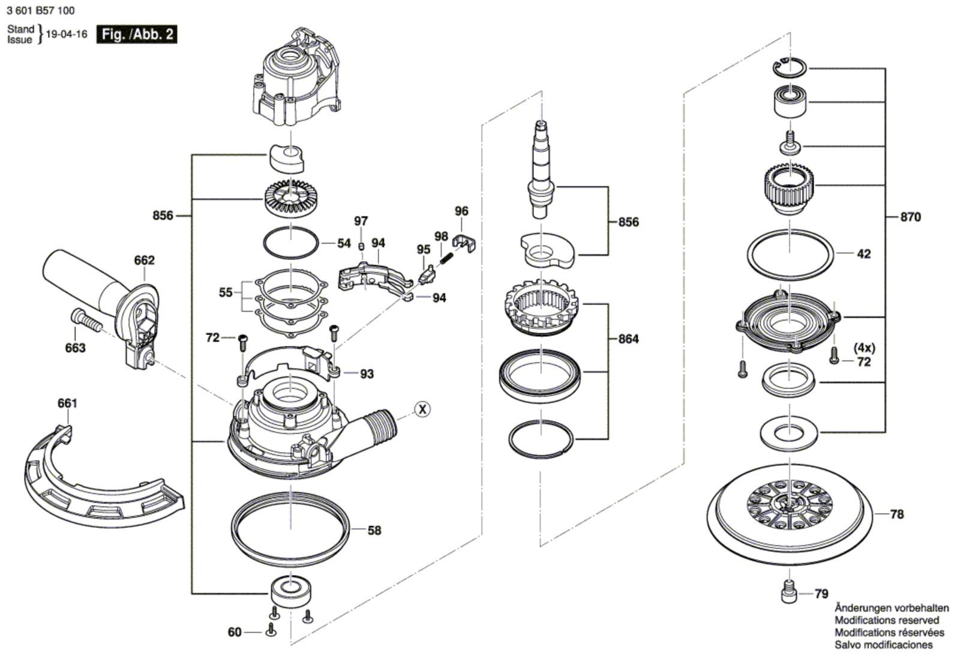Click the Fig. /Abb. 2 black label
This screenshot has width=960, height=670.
(137, 34)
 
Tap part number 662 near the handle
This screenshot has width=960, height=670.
(144, 260)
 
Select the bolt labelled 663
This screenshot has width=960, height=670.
(86, 321)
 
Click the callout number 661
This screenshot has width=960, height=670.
(67, 403)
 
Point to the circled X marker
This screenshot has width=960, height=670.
(422, 409)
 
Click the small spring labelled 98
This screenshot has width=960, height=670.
(446, 260)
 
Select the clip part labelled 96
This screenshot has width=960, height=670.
(464, 243)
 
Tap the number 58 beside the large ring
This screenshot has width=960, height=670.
(374, 531)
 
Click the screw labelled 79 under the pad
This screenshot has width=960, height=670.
(789, 592)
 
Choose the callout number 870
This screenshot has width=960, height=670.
(910, 217)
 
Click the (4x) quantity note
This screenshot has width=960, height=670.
(865, 348)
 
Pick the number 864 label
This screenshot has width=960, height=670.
(628, 339)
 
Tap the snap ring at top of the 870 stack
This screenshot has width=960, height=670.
(790, 68)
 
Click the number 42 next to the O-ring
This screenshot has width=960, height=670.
(863, 254)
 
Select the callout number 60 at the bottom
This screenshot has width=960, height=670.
(235, 632)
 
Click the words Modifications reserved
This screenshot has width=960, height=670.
(887, 620)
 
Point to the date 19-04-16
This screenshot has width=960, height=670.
(67, 34)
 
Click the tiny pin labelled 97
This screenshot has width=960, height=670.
(361, 246)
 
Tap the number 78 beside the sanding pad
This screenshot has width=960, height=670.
(896, 514)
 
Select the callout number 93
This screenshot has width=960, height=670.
(367, 374)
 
